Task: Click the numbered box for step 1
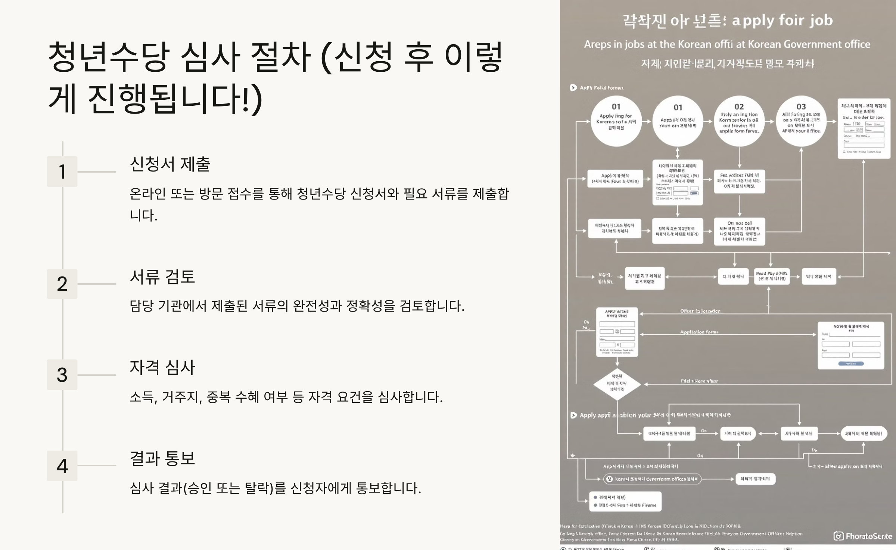tap(62, 172)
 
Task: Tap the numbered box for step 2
tap(62, 284)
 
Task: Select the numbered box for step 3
tap(62, 375)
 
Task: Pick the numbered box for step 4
tap(62, 466)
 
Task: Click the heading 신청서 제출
tap(170, 164)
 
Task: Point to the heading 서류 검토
tap(162, 277)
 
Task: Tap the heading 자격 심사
tap(162, 367)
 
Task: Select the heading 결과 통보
tap(162, 458)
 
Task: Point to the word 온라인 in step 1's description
tap(147, 194)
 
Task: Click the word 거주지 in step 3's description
tap(182, 397)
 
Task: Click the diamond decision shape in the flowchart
tap(617, 384)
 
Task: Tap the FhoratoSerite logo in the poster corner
tap(863, 536)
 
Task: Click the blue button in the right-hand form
tap(851, 364)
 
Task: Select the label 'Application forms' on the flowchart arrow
tap(699, 332)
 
